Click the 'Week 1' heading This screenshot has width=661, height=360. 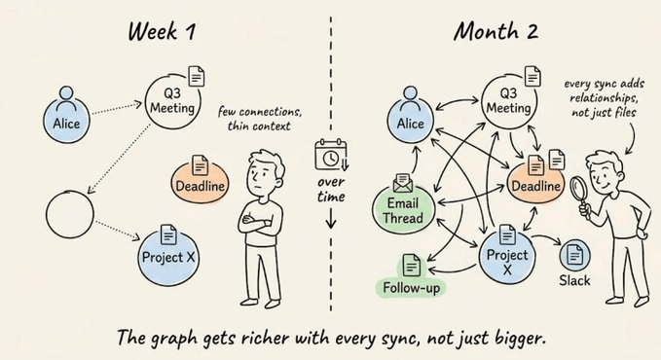(162, 31)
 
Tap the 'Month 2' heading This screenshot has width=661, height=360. (496, 31)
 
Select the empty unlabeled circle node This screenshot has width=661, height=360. (69, 214)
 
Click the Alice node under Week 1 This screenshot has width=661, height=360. (66, 120)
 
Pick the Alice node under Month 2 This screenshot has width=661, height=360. (410, 120)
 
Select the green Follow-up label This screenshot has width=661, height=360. (411, 288)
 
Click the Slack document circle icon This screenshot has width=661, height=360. (574, 255)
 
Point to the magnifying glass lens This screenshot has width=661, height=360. (578, 187)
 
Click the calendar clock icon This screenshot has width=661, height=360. (331, 155)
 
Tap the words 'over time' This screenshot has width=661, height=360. (331, 190)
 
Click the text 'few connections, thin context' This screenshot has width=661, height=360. (259, 119)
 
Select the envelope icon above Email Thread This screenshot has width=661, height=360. (403, 183)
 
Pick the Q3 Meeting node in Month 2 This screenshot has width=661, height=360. (509, 101)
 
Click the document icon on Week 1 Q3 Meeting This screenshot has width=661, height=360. (196, 76)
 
